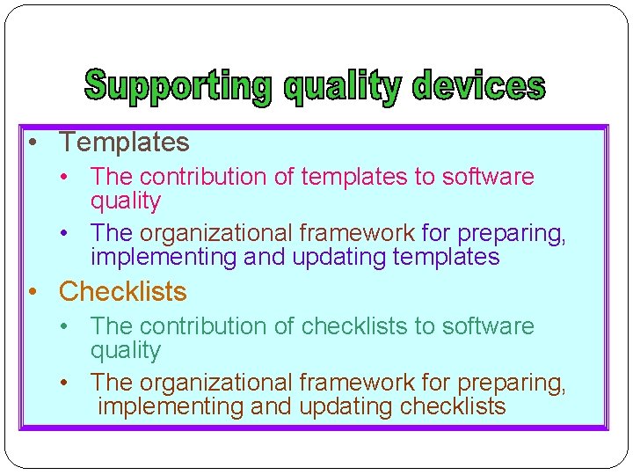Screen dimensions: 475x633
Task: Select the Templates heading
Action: pos(124,142)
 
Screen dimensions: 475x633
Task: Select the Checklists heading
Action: pos(122,291)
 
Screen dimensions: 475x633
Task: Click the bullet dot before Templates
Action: pos(31,142)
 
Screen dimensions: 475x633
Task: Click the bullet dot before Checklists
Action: pos(31,292)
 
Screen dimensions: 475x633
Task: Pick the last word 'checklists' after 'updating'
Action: pos(453,406)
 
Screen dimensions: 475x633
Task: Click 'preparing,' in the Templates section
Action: pos(512,234)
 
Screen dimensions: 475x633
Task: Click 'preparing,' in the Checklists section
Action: pos(512,384)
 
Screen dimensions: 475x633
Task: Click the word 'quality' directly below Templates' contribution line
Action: pos(126,201)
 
